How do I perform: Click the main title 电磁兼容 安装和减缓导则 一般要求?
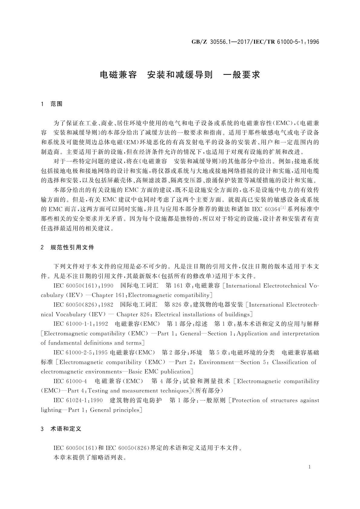pos(180,75)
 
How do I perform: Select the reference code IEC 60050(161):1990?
pos(83,286)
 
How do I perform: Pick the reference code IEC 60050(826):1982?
pos(83,305)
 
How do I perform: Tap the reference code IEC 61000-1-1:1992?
pos(81,324)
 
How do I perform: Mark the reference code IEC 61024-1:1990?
pos(78,400)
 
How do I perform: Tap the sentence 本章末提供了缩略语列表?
pos(90,458)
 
